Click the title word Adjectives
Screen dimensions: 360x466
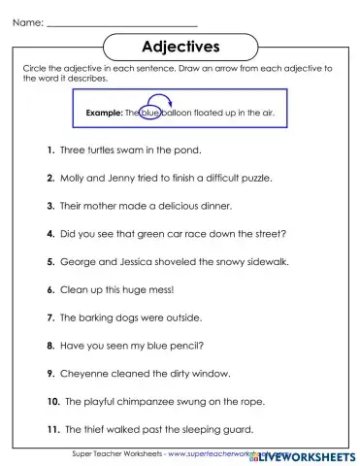180,45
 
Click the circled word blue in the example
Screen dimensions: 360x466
148,114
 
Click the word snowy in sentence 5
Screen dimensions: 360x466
213,262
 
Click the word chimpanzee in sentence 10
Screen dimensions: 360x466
154,400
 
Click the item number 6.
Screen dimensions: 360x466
49,289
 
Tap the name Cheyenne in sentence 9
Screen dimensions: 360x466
86,373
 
